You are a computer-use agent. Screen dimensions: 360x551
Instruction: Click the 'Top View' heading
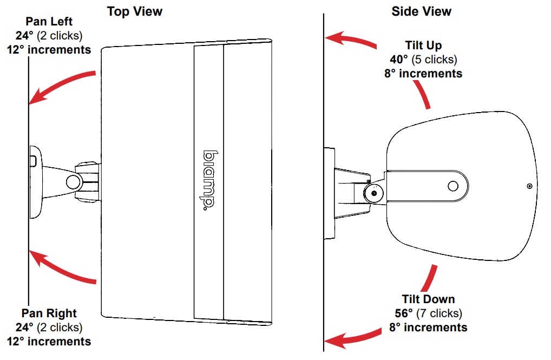tap(135, 11)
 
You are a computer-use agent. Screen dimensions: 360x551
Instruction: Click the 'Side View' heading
tap(421, 11)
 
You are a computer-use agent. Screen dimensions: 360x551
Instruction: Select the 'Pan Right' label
tap(49, 313)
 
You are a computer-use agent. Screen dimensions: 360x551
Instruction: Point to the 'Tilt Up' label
tap(423, 45)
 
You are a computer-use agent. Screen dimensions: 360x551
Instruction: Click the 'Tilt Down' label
tap(428, 299)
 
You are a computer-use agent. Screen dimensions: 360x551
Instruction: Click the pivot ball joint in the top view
tap(72, 180)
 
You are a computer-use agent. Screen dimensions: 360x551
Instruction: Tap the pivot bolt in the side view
tap(373, 193)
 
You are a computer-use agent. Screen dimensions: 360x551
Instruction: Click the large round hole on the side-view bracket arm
tap(452, 186)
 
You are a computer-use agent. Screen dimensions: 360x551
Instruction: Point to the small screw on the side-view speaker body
tap(529, 186)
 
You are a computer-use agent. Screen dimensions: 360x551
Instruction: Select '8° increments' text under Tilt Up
tap(423, 73)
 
